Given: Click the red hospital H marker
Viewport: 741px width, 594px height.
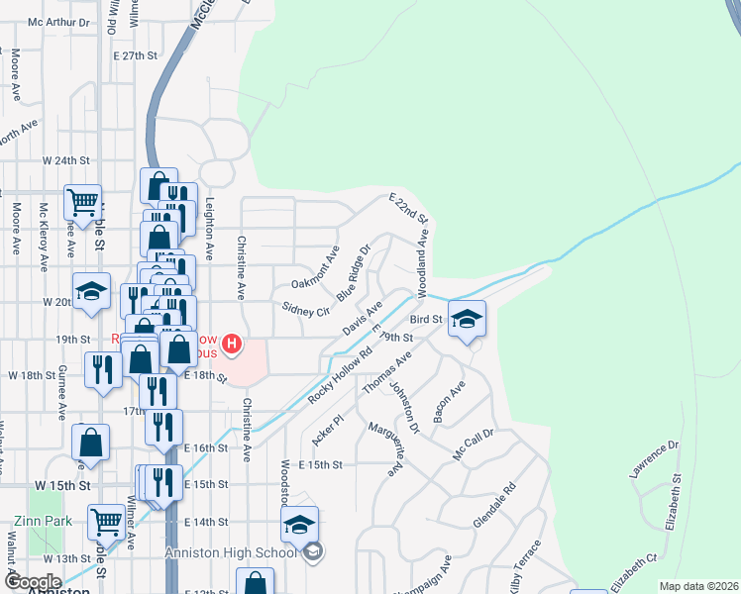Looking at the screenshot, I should tap(232, 345).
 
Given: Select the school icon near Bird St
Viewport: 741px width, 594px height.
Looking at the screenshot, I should tap(467, 320).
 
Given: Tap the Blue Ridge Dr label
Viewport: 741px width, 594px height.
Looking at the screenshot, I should tap(352, 271).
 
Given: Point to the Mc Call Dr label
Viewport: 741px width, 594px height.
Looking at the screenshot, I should tap(474, 441).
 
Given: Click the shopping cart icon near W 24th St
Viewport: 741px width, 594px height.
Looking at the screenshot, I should tap(83, 202).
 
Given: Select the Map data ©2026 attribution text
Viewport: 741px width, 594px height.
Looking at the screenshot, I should tap(698, 586).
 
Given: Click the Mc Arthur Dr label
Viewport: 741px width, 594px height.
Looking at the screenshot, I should tap(58, 22).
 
